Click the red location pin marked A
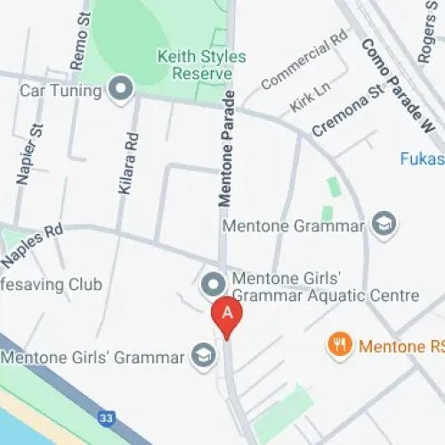pyautogui.click(x=227, y=316)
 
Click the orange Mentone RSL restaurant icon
pyautogui.click(x=338, y=344)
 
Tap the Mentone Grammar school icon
pyautogui.click(x=384, y=223)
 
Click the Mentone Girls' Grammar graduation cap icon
pyautogui.click(x=202, y=358)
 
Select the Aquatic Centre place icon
pyautogui.click(x=213, y=284)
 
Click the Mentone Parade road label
pyautogui.click(x=228, y=147)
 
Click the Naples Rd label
pyautogui.click(x=32, y=245)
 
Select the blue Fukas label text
pyautogui.click(x=421, y=158)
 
